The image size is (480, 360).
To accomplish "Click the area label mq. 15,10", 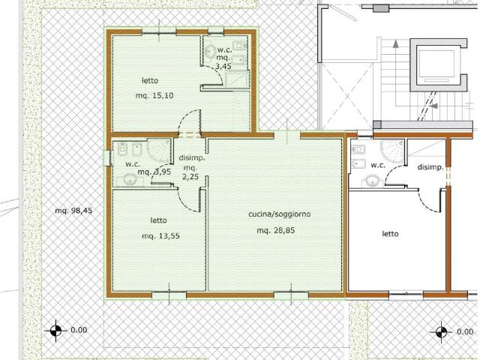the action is (x=154, y=95).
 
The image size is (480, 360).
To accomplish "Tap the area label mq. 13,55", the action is (x=160, y=236).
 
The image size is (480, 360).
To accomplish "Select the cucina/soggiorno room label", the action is (x=280, y=214).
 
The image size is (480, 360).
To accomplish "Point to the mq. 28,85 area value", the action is (x=276, y=230).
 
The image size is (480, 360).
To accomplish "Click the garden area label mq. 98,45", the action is (x=73, y=211).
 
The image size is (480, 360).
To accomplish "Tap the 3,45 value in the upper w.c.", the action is (x=223, y=66).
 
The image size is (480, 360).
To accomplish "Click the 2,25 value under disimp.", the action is (x=190, y=177).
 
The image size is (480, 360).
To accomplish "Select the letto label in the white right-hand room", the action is (x=390, y=234).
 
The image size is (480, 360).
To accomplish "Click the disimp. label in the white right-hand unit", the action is (x=430, y=167).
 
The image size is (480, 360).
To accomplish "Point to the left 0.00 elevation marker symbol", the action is (x=55, y=331).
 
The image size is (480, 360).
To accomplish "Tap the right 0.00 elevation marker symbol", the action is (x=441, y=331).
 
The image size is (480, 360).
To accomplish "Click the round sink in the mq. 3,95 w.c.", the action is (x=130, y=180).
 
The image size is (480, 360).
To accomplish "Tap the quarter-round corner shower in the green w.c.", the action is (x=158, y=150).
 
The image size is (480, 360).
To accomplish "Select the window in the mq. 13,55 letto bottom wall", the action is (x=169, y=295).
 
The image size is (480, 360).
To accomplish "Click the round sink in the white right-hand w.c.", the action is (x=373, y=181).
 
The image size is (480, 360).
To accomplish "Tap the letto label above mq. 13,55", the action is (x=158, y=220).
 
